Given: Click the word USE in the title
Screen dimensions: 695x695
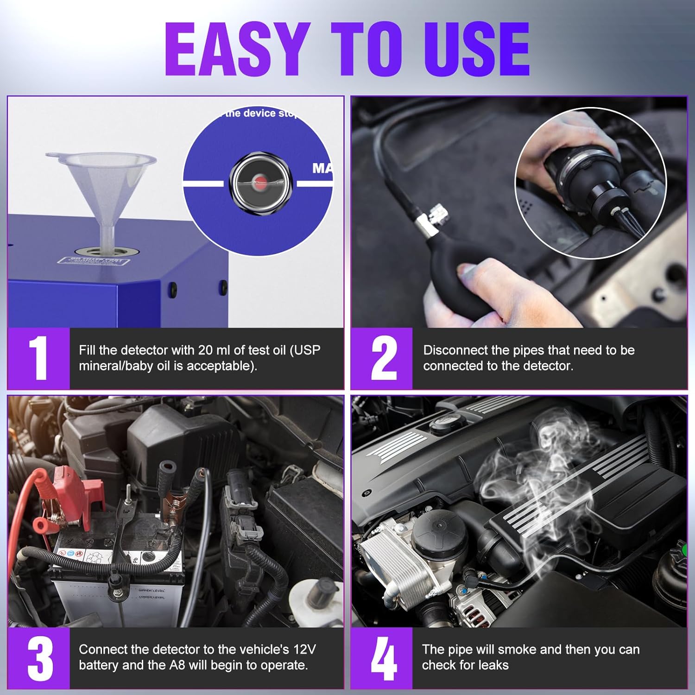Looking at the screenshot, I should (476, 49).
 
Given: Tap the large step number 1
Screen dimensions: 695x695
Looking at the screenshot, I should (39, 358).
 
